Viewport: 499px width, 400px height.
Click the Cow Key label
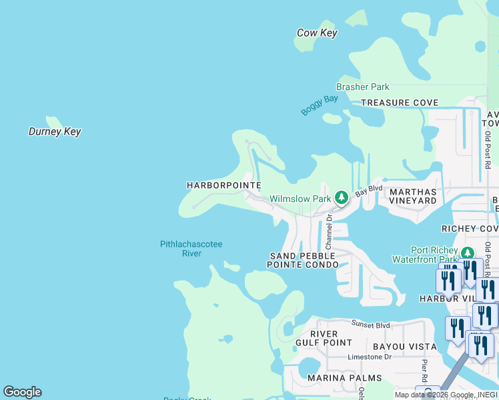317,33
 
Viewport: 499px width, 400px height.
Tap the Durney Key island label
55,131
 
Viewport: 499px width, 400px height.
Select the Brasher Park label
363,87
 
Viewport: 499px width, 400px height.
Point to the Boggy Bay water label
320,105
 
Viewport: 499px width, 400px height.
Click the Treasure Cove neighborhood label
400,103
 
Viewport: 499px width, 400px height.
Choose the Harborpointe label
223,185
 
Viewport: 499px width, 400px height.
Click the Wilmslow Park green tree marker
341,198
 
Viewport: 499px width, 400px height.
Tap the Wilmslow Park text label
300,199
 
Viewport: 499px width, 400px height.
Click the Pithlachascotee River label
191,249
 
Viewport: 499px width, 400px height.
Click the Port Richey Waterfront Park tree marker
467,253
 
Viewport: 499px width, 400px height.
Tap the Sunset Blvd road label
370,325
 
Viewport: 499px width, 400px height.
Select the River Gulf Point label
324,338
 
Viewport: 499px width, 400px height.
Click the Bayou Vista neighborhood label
404,347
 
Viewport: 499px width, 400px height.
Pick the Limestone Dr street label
370,357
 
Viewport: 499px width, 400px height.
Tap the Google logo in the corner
22,392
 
